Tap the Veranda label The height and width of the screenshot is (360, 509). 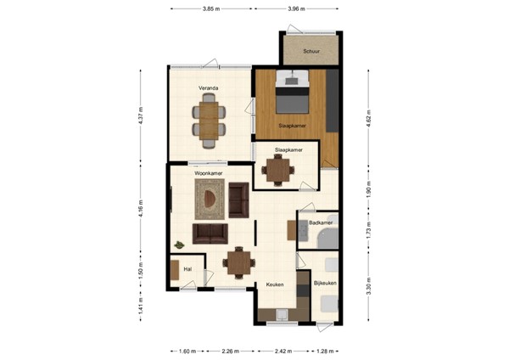(x=209, y=87)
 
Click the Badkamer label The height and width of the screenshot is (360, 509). (x=320, y=222)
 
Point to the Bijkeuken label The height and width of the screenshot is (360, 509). (x=325, y=282)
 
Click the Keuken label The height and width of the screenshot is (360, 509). (x=274, y=284)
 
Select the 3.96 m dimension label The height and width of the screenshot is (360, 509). (x=296, y=9)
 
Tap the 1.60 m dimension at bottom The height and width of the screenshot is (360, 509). (x=187, y=350)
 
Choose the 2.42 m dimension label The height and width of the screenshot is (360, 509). (x=282, y=350)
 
